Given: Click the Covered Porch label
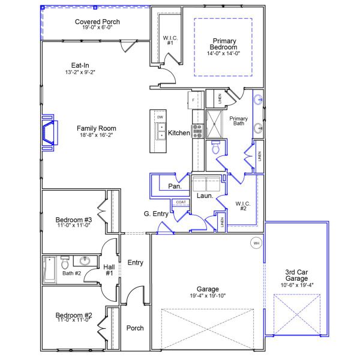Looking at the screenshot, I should point(97,22).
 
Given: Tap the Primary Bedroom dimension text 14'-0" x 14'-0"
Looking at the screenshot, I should point(223,53).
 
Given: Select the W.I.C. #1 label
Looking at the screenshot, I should point(169,40).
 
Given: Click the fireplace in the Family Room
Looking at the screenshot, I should point(49,133).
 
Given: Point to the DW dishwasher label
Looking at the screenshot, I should point(160,117).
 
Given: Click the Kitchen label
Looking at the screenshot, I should point(179,133).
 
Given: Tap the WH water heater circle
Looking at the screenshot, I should point(256,243).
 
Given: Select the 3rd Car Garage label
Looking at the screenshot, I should point(297,274).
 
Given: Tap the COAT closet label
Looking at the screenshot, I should point(181,202).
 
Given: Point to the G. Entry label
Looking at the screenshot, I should point(155,214).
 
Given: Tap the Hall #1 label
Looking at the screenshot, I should point(109,271).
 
